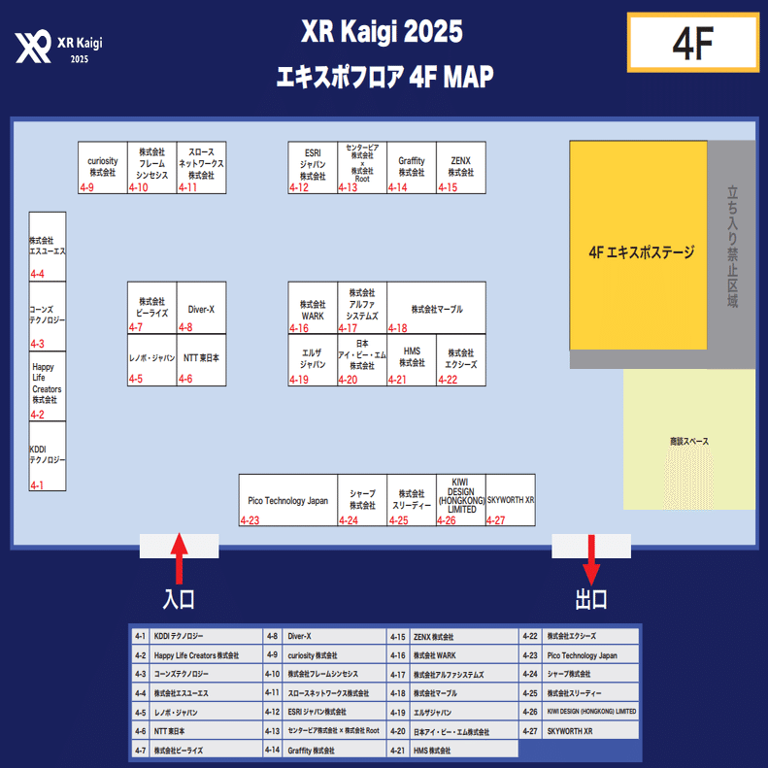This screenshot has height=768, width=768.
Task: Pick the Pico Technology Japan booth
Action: point(288,500)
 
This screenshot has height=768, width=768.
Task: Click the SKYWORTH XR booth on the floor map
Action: point(511,500)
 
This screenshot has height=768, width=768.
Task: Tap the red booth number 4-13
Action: point(348,187)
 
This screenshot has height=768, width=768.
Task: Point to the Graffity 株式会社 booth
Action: point(412,167)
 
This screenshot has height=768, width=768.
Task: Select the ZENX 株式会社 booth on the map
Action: point(461,167)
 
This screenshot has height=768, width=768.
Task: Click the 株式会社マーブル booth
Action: point(436,309)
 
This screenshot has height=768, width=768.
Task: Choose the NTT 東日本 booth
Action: point(202,358)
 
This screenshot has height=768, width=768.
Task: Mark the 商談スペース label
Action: point(689,442)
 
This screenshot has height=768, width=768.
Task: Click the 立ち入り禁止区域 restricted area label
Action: point(732,247)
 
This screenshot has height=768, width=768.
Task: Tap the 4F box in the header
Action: point(692,43)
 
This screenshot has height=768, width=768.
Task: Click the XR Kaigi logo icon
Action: point(34,45)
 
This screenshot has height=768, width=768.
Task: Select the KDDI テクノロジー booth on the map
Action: point(48,455)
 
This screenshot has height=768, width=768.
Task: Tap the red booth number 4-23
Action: point(250,521)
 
